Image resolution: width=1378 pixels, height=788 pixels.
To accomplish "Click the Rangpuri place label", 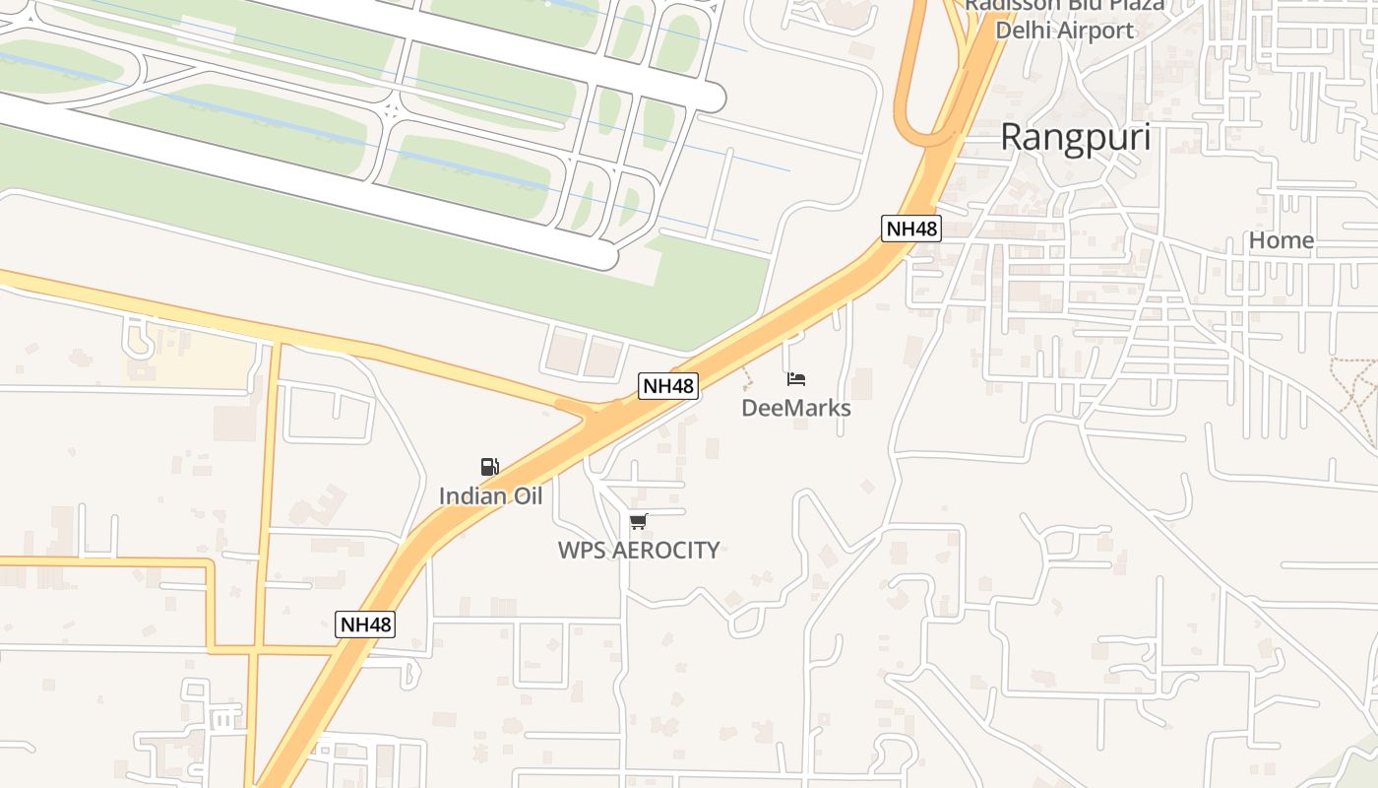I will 1075,138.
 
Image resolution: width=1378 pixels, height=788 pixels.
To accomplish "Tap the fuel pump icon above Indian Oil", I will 489,467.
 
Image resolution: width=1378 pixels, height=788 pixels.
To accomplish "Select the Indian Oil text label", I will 490,495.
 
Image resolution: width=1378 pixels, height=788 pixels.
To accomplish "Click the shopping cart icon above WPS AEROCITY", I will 639,521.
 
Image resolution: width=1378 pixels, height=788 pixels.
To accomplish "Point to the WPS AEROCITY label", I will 639,550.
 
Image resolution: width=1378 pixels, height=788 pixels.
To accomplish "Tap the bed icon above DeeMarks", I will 796,379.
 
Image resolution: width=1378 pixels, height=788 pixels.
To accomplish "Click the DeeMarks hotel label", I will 795,408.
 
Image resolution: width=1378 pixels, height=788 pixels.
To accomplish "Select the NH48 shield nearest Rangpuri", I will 911,230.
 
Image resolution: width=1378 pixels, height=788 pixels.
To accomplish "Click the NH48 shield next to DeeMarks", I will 668,386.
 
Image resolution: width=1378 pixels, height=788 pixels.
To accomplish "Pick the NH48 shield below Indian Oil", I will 365,624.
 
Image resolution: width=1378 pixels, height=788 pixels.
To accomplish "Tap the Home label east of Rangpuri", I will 1281,240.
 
